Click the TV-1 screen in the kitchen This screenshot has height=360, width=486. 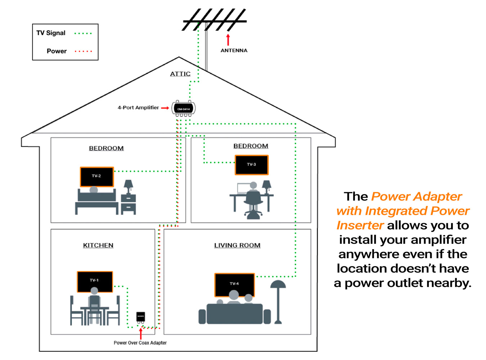click(95, 282)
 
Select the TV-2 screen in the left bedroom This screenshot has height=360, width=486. click(96, 177)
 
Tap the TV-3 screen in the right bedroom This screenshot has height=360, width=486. click(251, 165)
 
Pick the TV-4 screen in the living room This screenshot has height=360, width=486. click(234, 285)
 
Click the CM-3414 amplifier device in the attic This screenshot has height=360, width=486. click(184, 108)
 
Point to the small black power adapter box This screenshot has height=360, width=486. click(140, 316)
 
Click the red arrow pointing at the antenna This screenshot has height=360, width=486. click(228, 40)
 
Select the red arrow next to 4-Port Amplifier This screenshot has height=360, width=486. click(165, 108)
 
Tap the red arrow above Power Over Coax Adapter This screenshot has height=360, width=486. click(140, 334)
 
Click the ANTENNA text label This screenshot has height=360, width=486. click(234, 50)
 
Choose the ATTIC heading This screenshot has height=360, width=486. click(180, 74)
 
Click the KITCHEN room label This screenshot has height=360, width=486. click(98, 245)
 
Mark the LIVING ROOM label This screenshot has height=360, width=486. click(237, 245)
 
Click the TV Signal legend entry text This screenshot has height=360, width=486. click(51, 33)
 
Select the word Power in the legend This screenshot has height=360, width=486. click(57, 51)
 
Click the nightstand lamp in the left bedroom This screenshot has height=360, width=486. click(128, 186)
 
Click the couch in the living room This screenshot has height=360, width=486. click(234, 314)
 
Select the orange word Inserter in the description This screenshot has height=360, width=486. click(360, 225)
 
